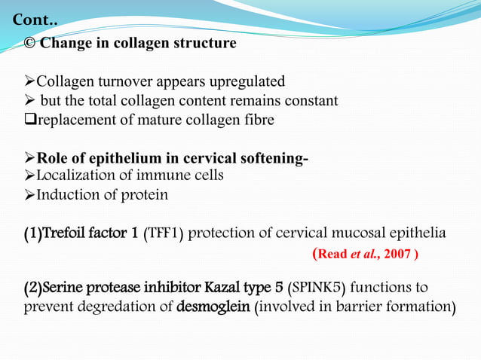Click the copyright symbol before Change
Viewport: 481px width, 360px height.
(30, 43)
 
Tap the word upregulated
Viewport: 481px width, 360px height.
(250, 81)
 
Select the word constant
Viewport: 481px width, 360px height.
(308, 101)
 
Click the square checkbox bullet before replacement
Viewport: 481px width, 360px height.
(30, 121)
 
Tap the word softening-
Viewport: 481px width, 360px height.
(273, 158)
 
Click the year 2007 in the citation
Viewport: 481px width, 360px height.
(397, 254)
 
